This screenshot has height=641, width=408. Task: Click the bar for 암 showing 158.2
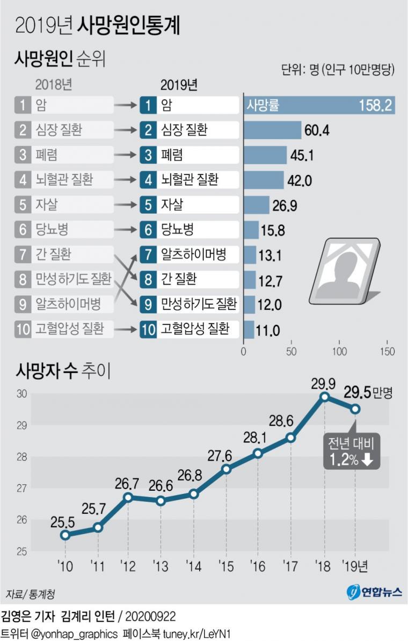coord(319,105)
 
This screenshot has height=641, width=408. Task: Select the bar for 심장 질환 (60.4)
coord(273,130)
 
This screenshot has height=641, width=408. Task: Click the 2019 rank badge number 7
coord(146,254)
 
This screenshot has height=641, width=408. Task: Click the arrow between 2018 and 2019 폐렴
coord(127,155)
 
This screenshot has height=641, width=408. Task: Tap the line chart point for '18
coord(324,397)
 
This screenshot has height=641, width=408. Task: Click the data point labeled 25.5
coord(65,535)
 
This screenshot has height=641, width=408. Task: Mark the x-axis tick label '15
coord(225,565)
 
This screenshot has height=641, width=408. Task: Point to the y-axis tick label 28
coord(21,457)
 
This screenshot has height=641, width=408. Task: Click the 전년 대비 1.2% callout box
coord(351,450)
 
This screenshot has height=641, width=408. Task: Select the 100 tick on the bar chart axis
coord(339,352)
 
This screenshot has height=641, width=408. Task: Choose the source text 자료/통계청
coord(31,594)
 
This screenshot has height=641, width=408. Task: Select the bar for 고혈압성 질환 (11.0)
coord(249,329)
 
